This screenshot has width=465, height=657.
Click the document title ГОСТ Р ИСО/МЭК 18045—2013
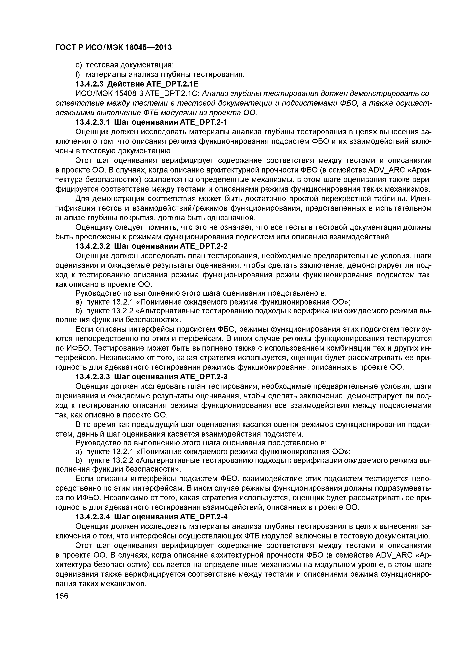click(113, 47)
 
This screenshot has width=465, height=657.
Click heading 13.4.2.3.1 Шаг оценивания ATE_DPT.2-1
click(151, 122)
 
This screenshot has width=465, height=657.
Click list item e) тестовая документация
click(125, 65)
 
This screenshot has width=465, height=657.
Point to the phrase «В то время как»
click(97, 424)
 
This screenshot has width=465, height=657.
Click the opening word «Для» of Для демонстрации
click(82, 199)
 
